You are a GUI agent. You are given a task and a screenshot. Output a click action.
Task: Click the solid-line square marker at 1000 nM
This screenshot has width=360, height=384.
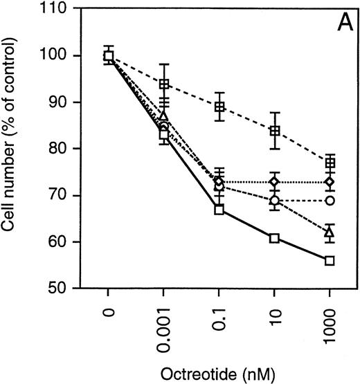(330, 260)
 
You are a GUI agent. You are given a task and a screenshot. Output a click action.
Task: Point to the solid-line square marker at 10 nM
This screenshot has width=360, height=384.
(274, 238)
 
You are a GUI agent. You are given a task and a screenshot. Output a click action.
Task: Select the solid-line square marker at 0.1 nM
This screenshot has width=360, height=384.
(219, 210)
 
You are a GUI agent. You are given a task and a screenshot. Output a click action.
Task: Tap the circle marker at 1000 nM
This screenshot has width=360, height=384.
(330, 200)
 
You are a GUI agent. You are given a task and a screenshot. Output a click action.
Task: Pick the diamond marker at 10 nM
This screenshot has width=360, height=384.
(274, 182)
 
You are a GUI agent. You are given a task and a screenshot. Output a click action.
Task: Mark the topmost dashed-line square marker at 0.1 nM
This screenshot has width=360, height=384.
(219, 107)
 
